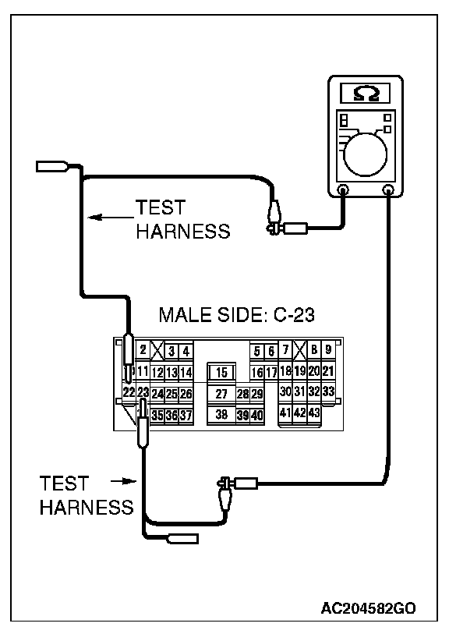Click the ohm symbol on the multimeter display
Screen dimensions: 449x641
(366, 94)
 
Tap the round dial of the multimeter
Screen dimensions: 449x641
(366, 155)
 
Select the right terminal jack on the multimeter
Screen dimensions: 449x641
(387, 189)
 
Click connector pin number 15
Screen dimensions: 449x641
(221, 373)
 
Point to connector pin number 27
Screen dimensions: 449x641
(221, 394)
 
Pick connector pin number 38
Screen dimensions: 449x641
(221, 415)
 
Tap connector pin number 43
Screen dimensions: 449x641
(314, 413)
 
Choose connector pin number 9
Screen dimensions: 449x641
(328, 350)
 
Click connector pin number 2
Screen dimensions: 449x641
(143, 350)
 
